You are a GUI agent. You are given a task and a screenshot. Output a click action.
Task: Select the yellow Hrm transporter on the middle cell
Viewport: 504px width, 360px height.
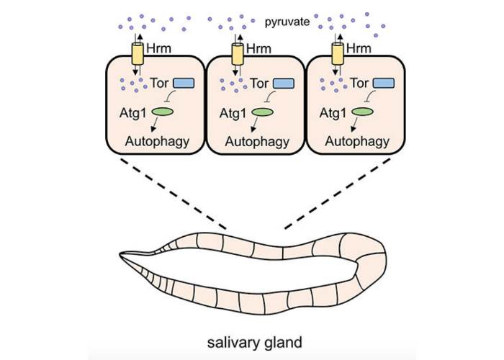pyautogui.click(x=237, y=53)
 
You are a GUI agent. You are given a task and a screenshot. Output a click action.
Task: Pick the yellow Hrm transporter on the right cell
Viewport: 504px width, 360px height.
pyautogui.click(x=337, y=53)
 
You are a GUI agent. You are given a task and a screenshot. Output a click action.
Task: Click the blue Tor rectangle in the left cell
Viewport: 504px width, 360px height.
pyautogui.click(x=184, y=84)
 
